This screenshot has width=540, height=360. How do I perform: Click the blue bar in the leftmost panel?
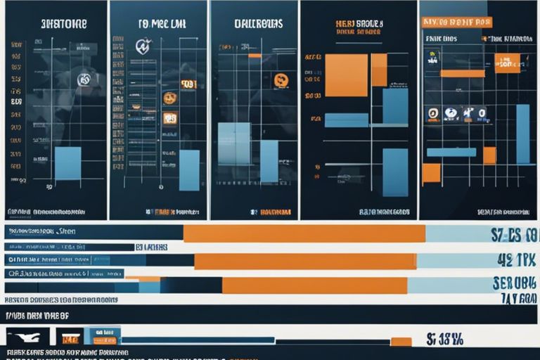click(67, 162)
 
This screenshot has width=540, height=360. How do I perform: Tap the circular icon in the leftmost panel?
click(83, 79)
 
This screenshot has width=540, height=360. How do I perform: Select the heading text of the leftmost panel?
click(64, 24)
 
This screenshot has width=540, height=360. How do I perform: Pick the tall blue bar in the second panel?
click(189, 170)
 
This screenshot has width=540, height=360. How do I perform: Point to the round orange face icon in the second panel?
click(169, 98)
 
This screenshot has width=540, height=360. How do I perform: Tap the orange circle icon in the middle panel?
click(281, 80)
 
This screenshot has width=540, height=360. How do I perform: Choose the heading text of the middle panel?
click(258, 24)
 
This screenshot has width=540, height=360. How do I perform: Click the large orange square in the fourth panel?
click(346, 75)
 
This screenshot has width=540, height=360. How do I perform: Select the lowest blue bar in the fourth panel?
click(395, 172)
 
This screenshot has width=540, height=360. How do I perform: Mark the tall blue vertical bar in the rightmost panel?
click(522, 134)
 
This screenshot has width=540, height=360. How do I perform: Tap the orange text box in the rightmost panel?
click(507, 63)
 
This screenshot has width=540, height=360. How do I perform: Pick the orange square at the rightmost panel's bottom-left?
click(431, 173)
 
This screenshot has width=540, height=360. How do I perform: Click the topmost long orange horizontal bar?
click(304, 233)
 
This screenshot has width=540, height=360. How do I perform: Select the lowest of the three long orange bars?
click(314, 285)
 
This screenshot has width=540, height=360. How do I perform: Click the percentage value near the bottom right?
click(445, 340)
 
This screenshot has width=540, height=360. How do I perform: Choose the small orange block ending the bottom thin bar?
click(401, 342)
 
